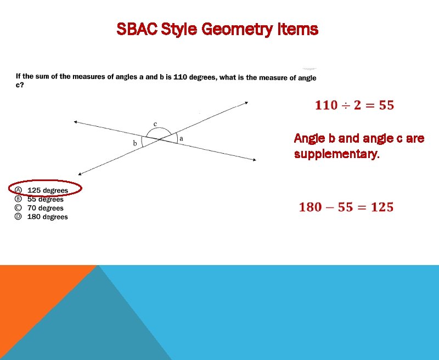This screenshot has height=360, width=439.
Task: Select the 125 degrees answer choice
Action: click(x=48, y=190)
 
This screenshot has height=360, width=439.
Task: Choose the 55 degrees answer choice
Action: click(x=46, y=199)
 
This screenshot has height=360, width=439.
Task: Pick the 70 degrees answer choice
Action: click(x=46, y=208)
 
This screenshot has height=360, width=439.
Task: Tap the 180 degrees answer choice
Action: click(x=48, y=217)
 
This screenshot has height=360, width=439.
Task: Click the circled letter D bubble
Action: click(x=18, y=217)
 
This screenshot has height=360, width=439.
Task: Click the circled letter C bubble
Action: click(x=18, y=208)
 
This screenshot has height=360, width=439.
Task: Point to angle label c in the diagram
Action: click(x=155, y=124)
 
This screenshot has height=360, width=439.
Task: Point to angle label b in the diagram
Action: click(x=135, y=143)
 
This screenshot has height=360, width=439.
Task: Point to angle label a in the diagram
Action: click(x=181, y=139)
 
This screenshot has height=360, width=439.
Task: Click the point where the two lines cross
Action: click(x=160, y=140)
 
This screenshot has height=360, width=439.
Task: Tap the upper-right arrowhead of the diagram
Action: click(x=246, y=102)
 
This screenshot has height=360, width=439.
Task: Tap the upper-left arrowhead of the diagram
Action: click(x=75, y=122)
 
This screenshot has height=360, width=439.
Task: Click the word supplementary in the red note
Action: click(x=336, y=154)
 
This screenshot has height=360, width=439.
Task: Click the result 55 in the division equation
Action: click(x=386, y=105)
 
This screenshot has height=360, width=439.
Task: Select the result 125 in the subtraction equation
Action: click(x=381, y=207)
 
